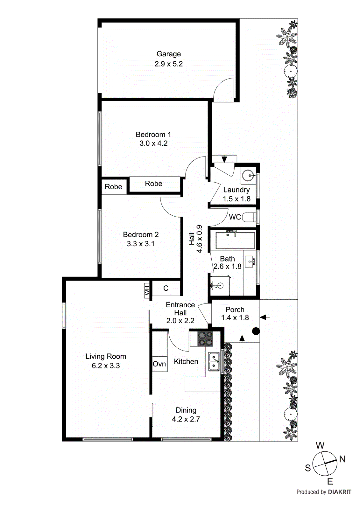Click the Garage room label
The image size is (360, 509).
pyautogui.click(x=168, y=54)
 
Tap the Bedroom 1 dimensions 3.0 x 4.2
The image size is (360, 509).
pyautogui.click(x=153, y=143)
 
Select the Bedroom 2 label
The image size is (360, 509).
pyautogui.click(x=141, y=235)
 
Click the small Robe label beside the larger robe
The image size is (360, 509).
pyautogui.click(x=113, y=187)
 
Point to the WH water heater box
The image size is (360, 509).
pyautogui.click(x=147, y=290)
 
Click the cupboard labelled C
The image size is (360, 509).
pyautogui.click(x=166, y=288)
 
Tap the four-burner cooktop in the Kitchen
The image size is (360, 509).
pyautogui.click(x=205, y=339)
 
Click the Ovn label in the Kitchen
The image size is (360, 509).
pyautogui.click(x=159, y=364)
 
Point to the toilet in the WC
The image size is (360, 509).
pyautogui.click(x=249, y=217)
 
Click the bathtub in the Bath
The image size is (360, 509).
pyautogui.click(x=235, y=241)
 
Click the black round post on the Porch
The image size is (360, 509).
pyautogui.click(x=256, y=331)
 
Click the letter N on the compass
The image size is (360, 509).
pyautogui.click(x=342, y=459)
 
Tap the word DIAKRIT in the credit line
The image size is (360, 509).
pyautogui.click(x=339, y=492)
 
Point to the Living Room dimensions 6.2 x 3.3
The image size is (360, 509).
pyautogui.click(x=106, y=366)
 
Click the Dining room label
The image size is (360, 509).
pyautogui.click(x=186, y=410)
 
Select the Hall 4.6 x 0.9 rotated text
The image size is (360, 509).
pyautogui.click(x=195, y=239)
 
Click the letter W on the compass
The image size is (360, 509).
pyautogui.click(x=320, y=445)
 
